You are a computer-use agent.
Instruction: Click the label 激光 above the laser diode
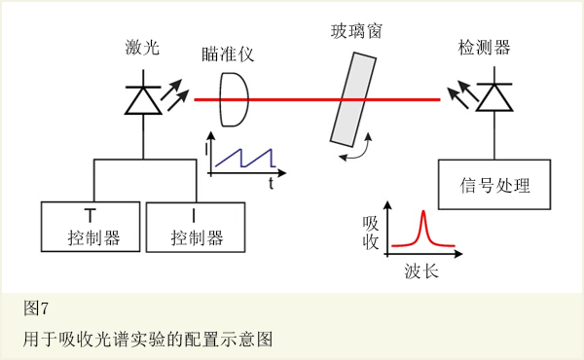(143, 49)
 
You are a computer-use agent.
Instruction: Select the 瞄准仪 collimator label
(229, 54)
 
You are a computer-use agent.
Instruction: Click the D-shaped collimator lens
(235, 100)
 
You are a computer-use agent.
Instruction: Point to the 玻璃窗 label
(355, 31)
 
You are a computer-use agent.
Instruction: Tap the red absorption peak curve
(423, 232)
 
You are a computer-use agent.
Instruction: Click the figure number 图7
(36, 308)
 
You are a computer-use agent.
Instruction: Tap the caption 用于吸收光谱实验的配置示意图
(147, 340)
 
